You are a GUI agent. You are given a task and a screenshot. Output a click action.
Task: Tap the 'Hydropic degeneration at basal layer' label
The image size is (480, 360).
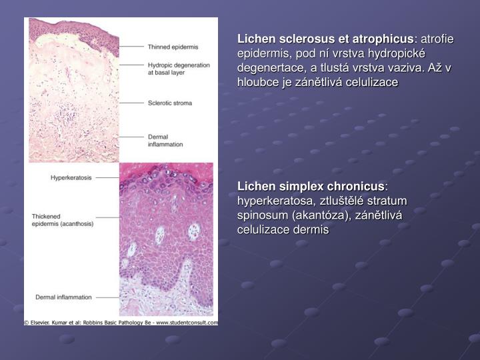click(177, 70)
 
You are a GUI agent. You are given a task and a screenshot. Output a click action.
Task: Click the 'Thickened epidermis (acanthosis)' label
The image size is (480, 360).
click(63, 220)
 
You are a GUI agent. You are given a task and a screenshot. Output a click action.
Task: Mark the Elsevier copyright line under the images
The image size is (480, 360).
click(121, 322)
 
